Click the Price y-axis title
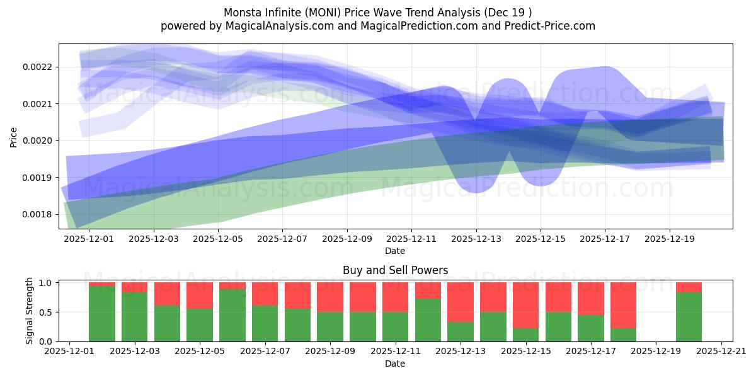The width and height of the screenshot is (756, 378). (x=14, y=137)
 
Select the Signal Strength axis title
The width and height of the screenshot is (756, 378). (x=30, y=311)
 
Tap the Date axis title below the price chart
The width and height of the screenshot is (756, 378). (x=395, y=251)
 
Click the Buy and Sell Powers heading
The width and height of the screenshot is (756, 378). (x=395, y=270)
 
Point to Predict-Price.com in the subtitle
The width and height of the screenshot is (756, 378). (x=549, y=26)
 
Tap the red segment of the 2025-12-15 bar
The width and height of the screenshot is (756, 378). (x=525, y=305)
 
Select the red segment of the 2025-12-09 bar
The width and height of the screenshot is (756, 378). (x=330, y=297)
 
